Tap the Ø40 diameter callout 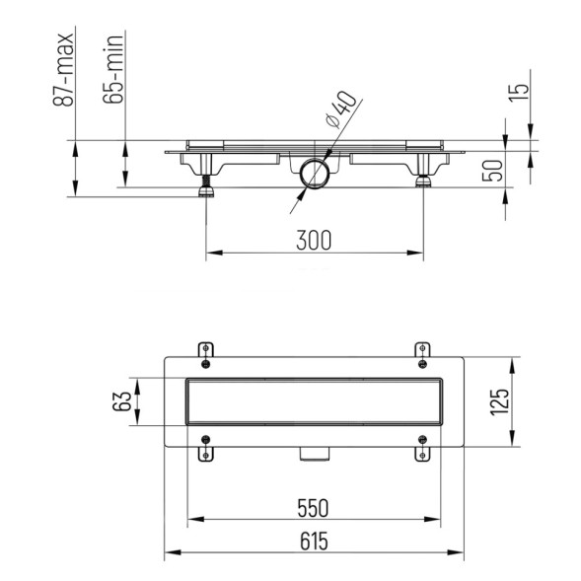(x=340, y=109)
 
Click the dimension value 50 (x=492, y=170)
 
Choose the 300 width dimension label (x=313, y=240)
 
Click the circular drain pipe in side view (x=316, y=175)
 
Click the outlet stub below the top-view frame (x=314, y=455)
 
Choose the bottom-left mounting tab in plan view (x=205, y=450)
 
